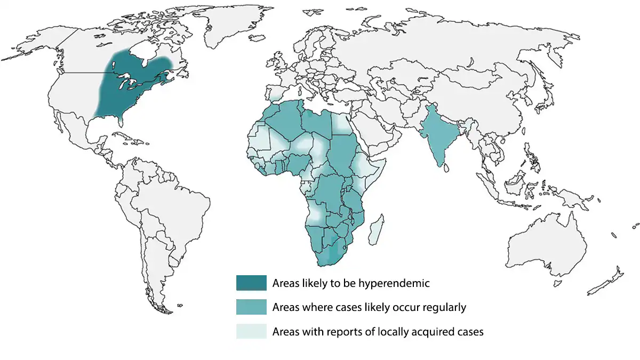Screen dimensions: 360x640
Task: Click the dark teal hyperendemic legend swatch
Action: tap(251, 283)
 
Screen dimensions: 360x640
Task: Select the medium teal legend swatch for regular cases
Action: tap(251, 307)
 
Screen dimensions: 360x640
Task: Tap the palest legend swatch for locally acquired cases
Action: tap(251, 331)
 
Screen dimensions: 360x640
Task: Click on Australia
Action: tap(544, 245)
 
